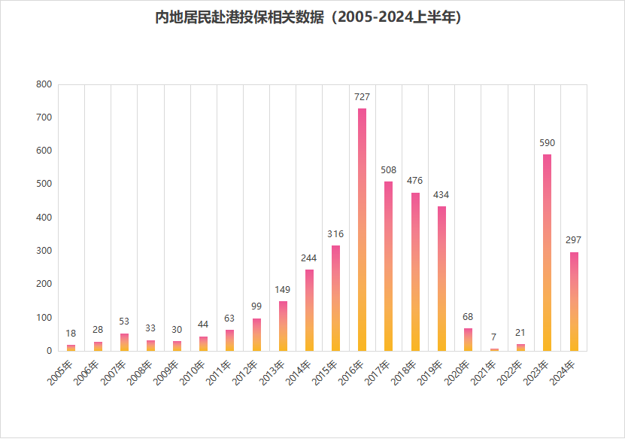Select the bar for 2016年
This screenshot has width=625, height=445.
(362, 230)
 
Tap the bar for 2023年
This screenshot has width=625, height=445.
(547, 252)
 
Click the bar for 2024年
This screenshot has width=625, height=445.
(574, 301)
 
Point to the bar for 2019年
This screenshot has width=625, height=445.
(441, 279)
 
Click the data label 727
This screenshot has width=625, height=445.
(362, 97)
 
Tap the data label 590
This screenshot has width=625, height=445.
(547, 143)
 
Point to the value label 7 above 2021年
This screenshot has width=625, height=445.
(494, 337)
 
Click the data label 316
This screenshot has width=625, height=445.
(335, 234)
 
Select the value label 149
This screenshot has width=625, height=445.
(283, 290)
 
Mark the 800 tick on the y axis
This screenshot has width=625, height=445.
(44, 84)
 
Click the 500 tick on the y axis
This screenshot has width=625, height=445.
(44, 184)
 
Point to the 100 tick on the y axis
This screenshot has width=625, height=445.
(44, 318)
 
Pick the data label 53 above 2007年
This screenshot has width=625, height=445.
(124, 322)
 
